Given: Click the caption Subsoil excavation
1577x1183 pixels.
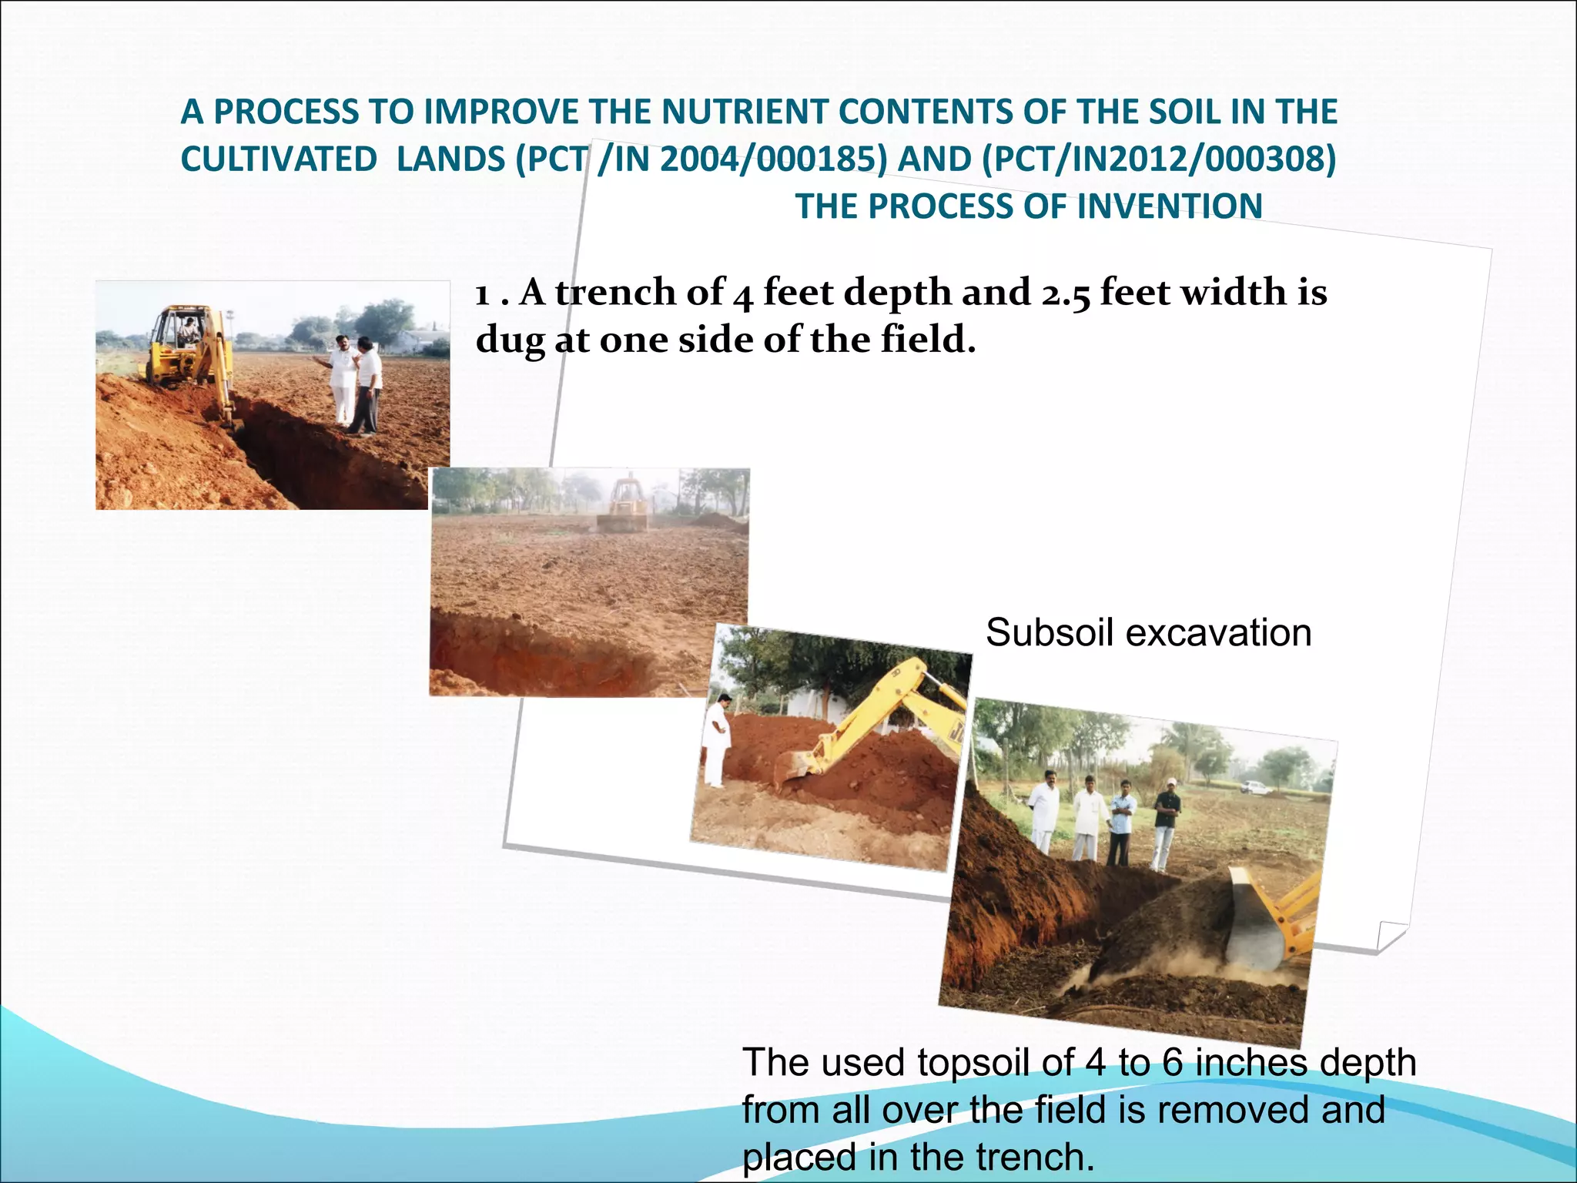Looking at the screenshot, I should tap(1148, 633).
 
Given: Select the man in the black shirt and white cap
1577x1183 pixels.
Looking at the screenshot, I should tap(1165, 824).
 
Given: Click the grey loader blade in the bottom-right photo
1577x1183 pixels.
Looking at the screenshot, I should tap(1255, 920).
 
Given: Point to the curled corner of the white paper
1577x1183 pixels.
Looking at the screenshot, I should tap(1390, 936).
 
